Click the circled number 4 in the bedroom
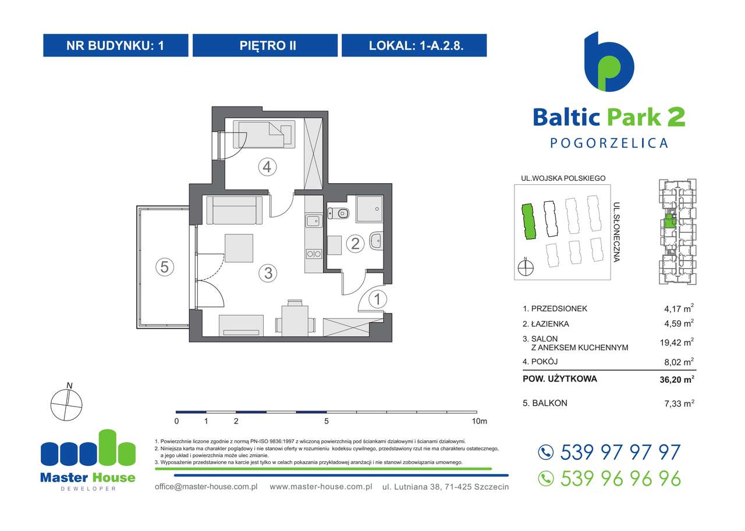267,168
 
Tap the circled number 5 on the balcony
165,267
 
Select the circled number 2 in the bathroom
354,243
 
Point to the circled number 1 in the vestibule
377,300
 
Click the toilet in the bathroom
339,213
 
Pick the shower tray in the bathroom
369,208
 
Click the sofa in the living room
235,210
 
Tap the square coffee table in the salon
239,248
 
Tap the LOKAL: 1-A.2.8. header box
414,45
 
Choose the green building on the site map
528,222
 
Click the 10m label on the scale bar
480,421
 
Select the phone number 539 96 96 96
620,478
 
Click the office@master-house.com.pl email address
207,486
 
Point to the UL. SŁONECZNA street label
616,231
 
